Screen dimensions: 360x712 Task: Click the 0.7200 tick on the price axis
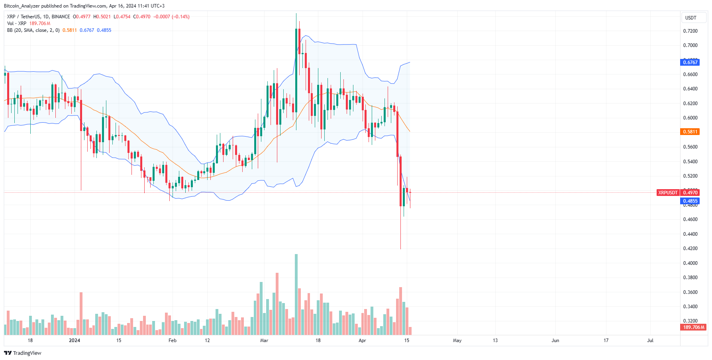tap(690, 31)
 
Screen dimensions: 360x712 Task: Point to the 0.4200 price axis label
tap(690, 248)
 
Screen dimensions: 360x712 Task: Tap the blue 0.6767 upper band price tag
tap(690, 62)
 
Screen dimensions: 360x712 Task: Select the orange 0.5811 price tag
tap(690, 132)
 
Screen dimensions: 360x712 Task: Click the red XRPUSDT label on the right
tap(668, 193)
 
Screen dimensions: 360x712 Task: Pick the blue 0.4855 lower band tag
tap(690, 201)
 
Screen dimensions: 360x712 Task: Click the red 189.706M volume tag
tap(694, 327)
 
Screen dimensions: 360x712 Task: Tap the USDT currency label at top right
tap(690, 18)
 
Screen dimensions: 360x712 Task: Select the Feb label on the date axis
tap(172, 340)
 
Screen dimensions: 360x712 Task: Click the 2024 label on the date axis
tap(75, 340)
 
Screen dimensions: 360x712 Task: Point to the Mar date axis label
tap(264, 340)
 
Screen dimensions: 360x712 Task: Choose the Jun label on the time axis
tap(555, 340)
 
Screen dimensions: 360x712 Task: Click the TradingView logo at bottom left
tap(23, 353)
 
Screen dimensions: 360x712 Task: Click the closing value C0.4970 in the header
tap(142, 17)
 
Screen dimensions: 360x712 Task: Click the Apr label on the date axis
tap(362, 340)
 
